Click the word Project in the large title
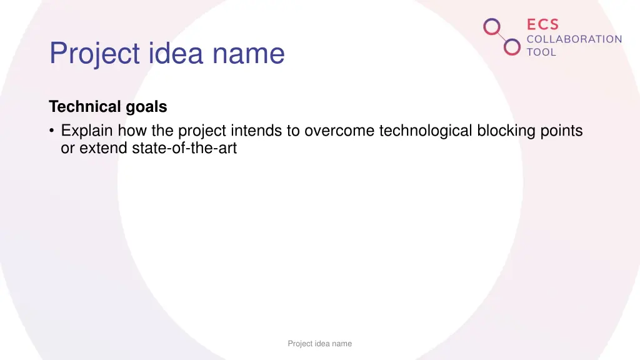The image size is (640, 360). tap(94, 54)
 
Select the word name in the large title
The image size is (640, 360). tap(249, 54)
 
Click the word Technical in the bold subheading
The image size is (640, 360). tap(86, 107)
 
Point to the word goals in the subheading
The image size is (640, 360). tap(146, 107)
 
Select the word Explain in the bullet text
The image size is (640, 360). tap(87, 131)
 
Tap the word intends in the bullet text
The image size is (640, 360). tap(257, 131)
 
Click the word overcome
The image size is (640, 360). tap(339, 131)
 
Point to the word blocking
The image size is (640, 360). tap(506, 131)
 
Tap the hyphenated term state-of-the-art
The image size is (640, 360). tap(184, 149)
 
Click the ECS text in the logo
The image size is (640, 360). tap(542, 24)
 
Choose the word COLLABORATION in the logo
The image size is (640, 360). tap(574, 39)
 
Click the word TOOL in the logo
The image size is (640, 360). tap(541, 52)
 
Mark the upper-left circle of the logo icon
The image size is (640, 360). tap(492, 26)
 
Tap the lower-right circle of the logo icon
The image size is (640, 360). tap(512, 47)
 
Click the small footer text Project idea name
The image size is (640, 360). tap(319, 343)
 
